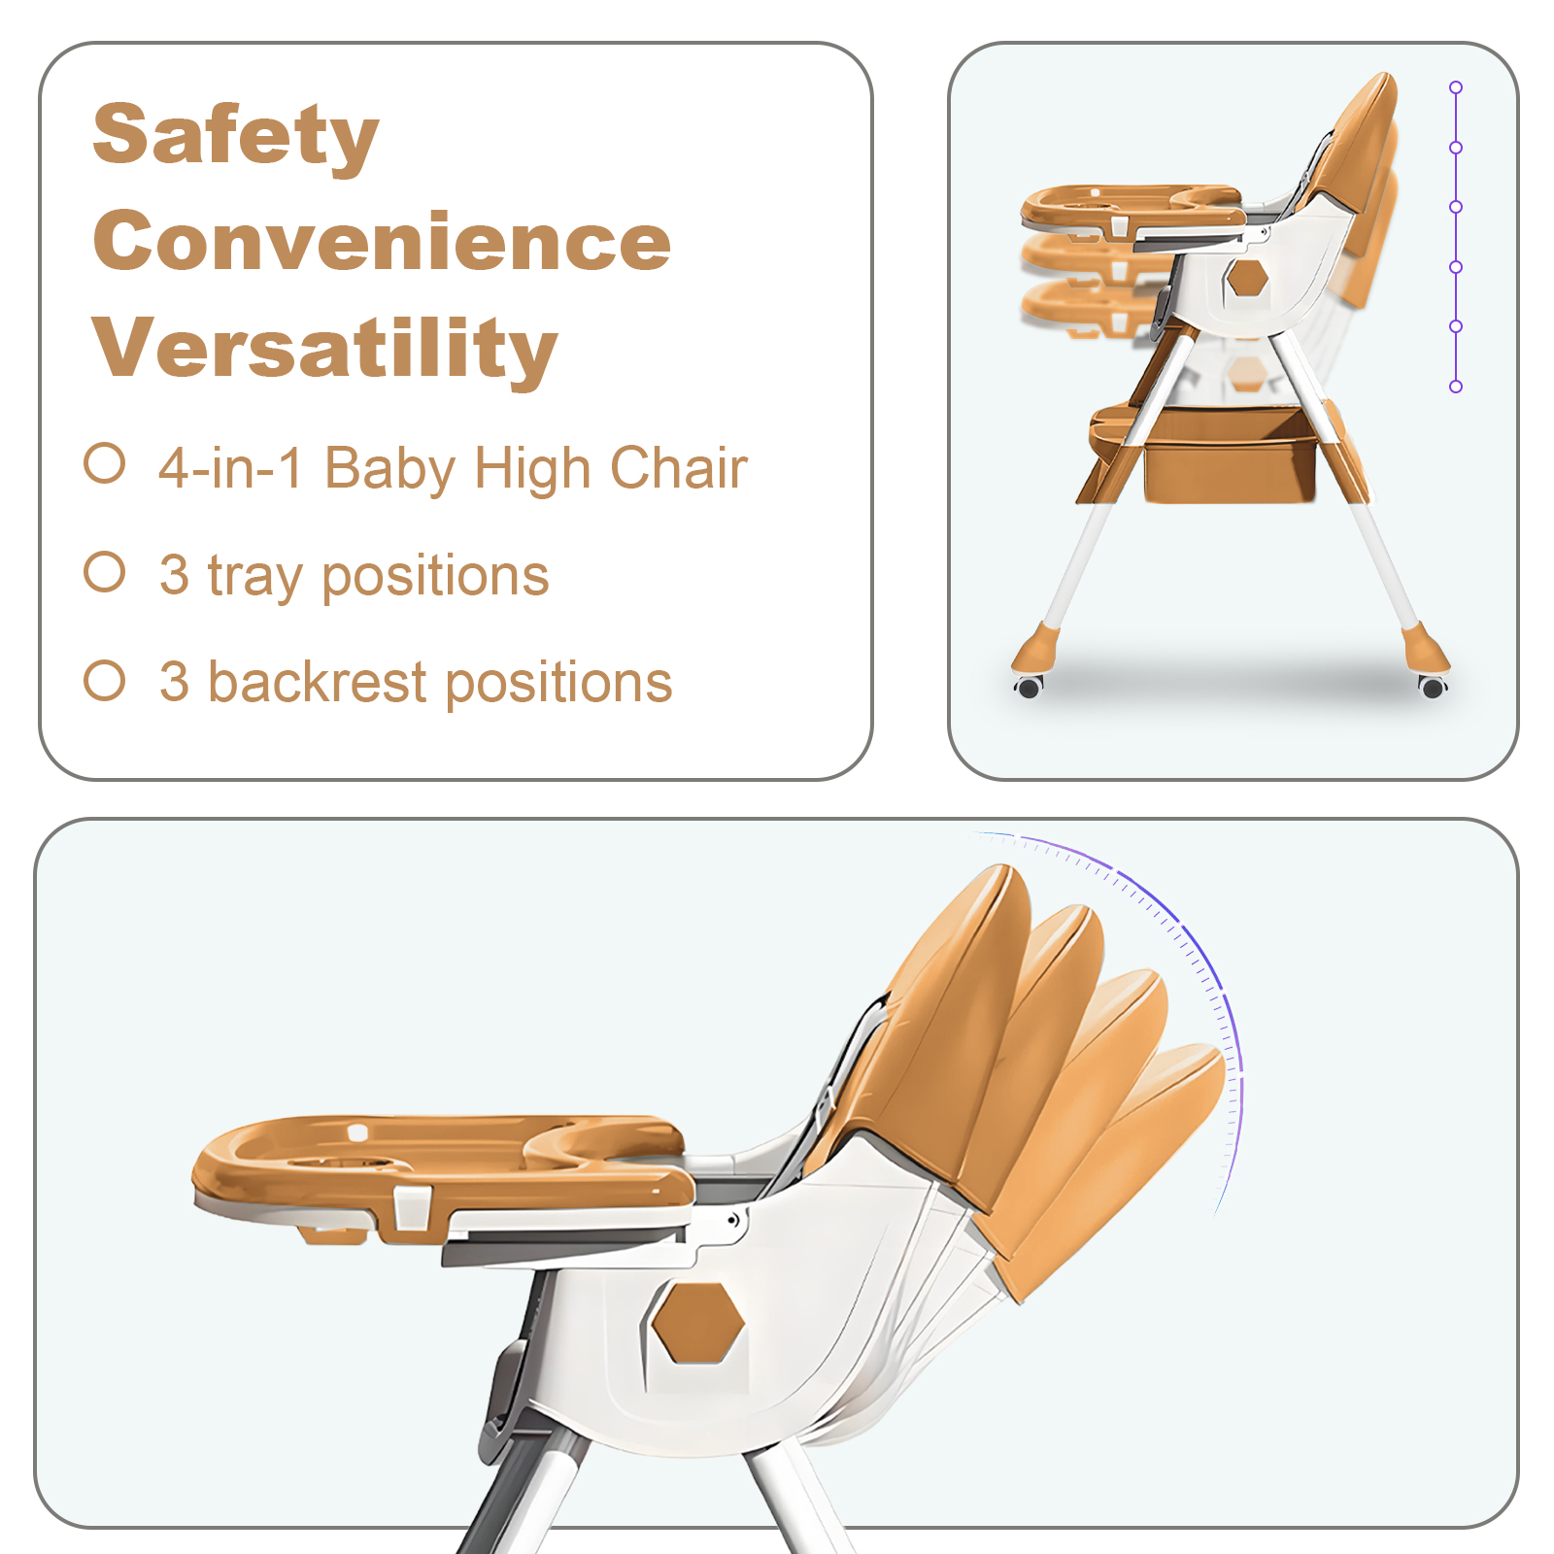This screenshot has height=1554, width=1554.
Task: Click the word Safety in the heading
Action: [x=235, y=136]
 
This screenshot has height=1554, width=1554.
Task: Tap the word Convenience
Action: [x=382, y=241]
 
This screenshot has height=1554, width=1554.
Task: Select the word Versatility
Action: [x=324, y=348]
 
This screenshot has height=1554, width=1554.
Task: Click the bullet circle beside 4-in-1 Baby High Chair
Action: [x=105, y=463]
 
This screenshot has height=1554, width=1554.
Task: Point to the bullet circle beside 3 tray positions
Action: [x=105, y=572]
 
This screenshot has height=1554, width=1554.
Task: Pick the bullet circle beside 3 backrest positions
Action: [x=105, y=680]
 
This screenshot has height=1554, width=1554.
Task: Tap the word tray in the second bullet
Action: [x=255, y=577]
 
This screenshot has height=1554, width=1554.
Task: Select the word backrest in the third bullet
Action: [x=318, y=682]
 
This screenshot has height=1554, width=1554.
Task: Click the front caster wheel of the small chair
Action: [x=1029, y=688]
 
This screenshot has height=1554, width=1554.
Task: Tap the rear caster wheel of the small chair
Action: [x=1433, y=687]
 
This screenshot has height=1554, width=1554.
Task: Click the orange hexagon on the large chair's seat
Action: [x=697, y=1322]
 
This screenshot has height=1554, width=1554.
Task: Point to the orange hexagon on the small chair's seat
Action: [x=1247, y=279]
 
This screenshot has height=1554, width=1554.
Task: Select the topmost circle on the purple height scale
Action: [x=1456, y=87]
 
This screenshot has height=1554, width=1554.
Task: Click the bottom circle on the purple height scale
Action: [x=1456, y=387]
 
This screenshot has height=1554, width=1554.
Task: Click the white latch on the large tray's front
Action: [x=412, y=1207]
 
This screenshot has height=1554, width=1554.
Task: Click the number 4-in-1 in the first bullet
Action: [x=231, y=468]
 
